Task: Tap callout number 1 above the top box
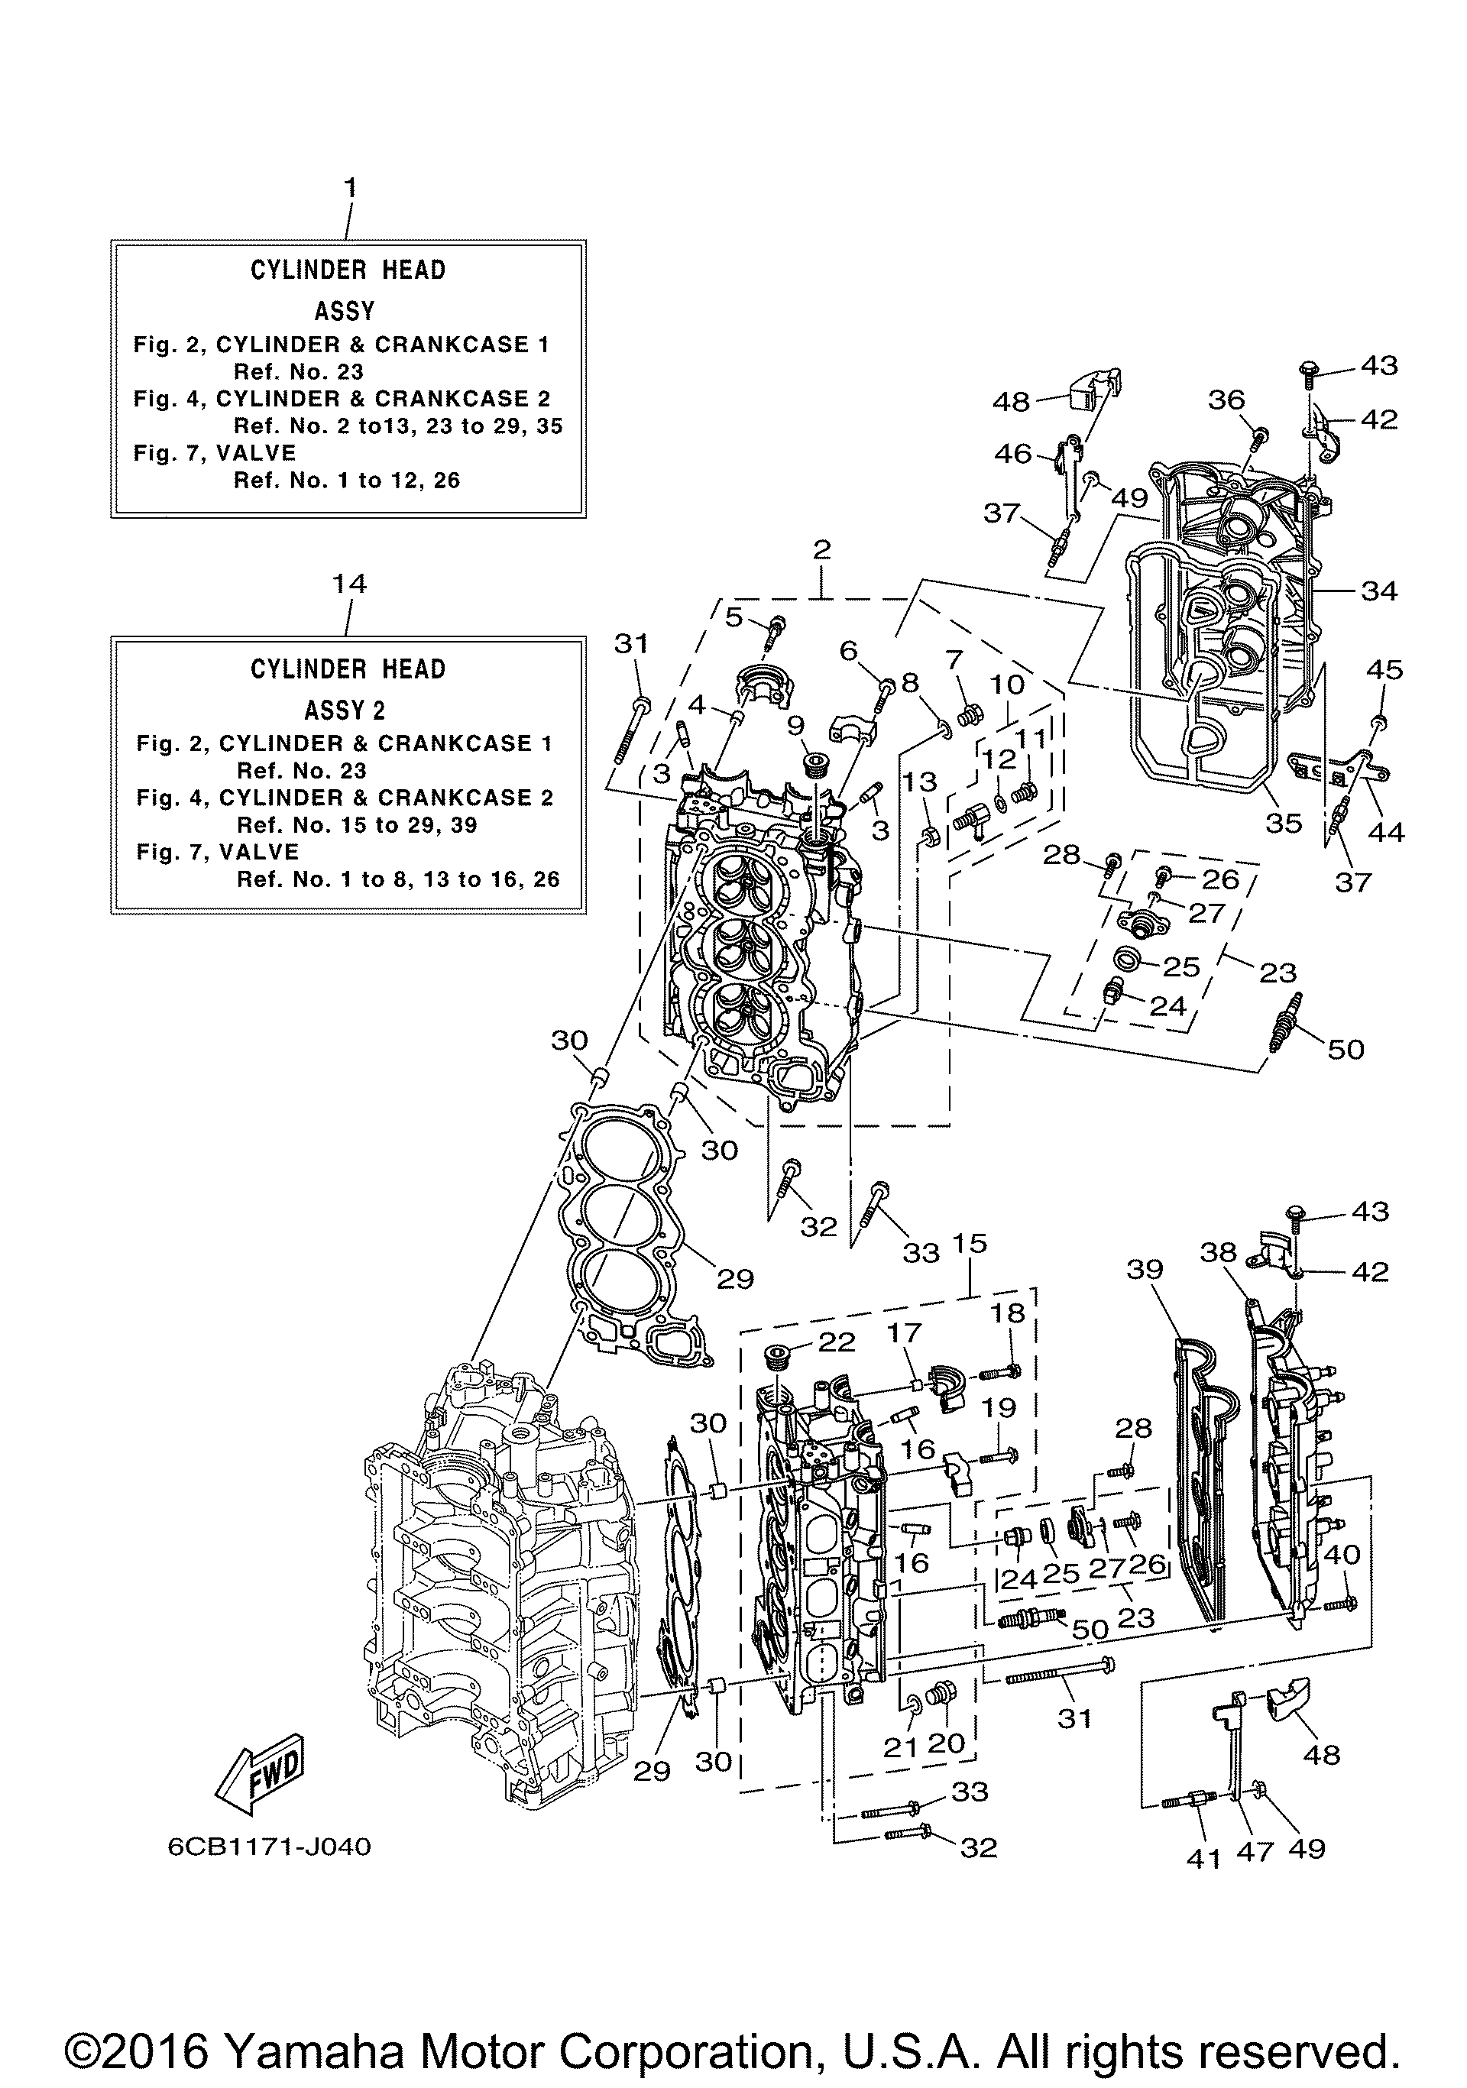pyautogui.click(x=349, y=188)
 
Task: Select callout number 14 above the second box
pyautogui.click(x=349, y=583)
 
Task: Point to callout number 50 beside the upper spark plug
pyautogui.click(x=1346, y=1050)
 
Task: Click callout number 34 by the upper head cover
pyautogui.click(x=1379, y=591)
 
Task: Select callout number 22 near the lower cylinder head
pyautogui.click(x=837, y=1342)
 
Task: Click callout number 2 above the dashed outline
pyautogui.click(x=821, y=549)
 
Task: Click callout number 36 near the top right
pyautogui.click(x=1227, y=400)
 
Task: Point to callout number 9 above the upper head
pyautogui.click(x=796, y=725)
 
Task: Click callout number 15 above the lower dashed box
pyautogui.click(x=970, y=1243)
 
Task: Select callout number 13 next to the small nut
pyautogui.click(x=919, y=781)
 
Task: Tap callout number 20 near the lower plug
pyautogui.click(x=946, y=1743)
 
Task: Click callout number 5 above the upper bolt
pyautogui.click(x=734, y=617)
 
